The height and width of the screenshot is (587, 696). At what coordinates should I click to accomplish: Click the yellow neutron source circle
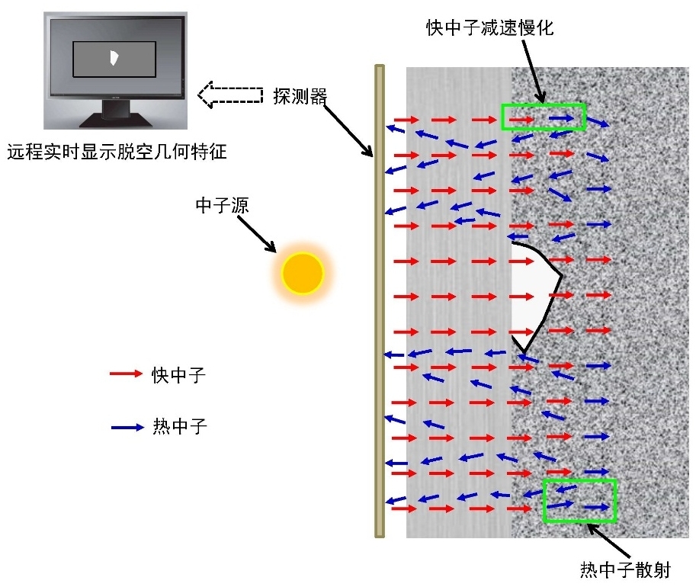click(x=303, y=273)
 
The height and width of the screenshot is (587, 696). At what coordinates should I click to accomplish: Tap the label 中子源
click(x=222, y=205)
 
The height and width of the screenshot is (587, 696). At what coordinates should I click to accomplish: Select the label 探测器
click(x=300, y=96)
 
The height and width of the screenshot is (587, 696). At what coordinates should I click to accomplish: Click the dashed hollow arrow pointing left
click(x=230, y=95)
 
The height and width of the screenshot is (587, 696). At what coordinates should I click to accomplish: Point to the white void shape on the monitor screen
click(x=114, y=58)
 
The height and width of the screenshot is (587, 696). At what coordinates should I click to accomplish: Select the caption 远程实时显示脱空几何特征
click(x=117, y=152)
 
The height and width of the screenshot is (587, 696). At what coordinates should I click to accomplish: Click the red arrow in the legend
click(x=126, y=374)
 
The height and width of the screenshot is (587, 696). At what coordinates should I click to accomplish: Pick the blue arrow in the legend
click(x=127, y=427)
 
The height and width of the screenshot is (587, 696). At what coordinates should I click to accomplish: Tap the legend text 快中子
click(x=179, y=375)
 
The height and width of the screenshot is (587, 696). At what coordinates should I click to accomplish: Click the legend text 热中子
click(x=180, y=426)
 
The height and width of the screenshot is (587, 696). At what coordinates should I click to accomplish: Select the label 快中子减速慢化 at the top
click(x=490, y=28)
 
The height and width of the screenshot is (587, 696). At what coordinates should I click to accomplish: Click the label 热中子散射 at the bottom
click(x=625, y=569)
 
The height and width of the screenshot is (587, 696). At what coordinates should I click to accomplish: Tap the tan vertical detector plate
click(x=380, y=301)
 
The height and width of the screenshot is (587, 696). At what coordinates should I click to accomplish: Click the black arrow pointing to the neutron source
click(x=257, y=234)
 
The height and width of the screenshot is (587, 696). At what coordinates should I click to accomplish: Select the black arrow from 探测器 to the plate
click(x=348, y=130)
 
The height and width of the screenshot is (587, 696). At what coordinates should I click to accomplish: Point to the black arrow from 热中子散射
click(x=609, y=541)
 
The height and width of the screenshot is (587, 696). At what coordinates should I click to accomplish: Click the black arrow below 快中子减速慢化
click(x=534, y=72)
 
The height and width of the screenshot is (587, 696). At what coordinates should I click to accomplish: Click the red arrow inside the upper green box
click(x=521, y=120)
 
